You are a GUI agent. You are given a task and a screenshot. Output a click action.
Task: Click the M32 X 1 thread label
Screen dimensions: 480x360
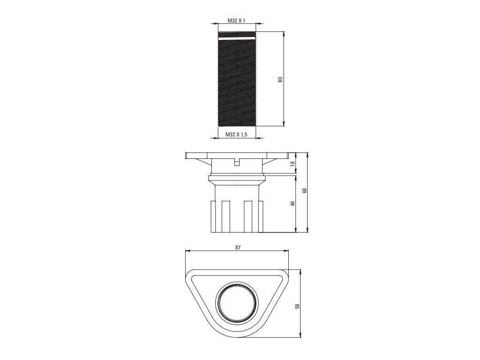(236, 21)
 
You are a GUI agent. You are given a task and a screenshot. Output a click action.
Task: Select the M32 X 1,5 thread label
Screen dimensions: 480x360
(236, 134)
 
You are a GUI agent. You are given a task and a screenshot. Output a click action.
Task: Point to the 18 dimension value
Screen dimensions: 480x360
(292, 164)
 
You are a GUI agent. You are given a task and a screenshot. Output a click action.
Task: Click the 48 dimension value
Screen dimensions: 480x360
(292, 203)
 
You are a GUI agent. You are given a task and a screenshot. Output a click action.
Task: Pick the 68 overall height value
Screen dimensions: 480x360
(304, 190)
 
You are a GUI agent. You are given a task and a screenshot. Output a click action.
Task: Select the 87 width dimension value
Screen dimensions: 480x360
(238, 247)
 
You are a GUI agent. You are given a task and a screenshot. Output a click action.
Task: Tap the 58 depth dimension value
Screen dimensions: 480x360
(297, 306)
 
